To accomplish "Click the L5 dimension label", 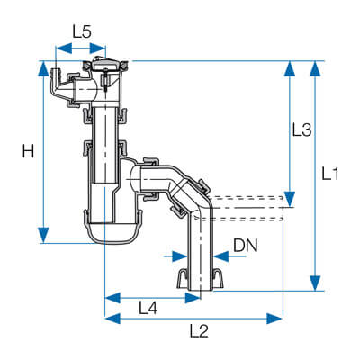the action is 82,31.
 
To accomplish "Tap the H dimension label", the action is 28,151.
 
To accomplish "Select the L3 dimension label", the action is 302,130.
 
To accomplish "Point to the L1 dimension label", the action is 330,174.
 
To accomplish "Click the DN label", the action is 246,246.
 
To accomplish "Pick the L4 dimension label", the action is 148,308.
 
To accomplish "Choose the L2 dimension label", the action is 199,331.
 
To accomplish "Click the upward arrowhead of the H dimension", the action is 44,69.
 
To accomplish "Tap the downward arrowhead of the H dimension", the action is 44,235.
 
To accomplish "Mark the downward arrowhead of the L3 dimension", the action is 290,199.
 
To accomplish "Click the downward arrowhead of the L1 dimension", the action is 315,283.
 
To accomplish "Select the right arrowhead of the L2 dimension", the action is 274,319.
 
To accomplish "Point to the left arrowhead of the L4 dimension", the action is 113,298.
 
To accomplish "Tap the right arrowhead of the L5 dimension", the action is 98,48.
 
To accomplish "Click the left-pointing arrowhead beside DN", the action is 221,256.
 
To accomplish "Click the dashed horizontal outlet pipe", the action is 247,209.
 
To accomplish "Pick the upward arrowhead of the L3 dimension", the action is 290,69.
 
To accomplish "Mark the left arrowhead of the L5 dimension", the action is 64,48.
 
